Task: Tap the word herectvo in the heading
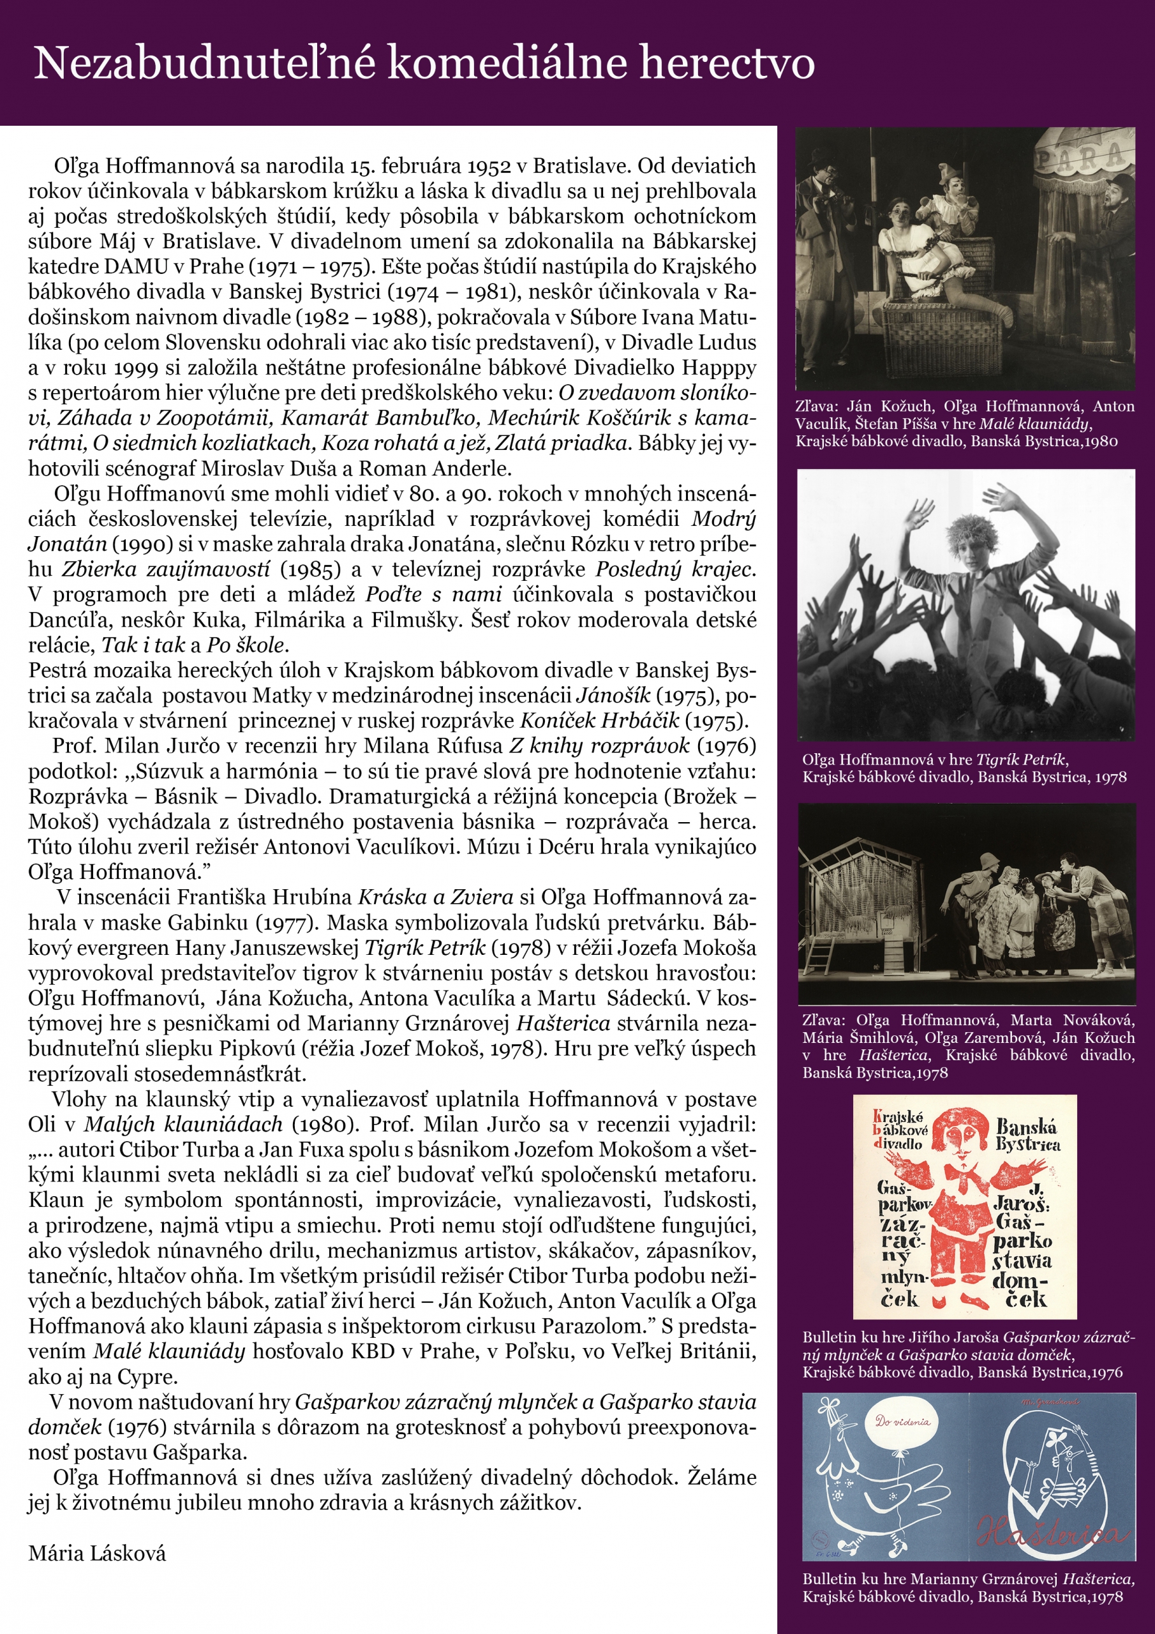pos(727,63)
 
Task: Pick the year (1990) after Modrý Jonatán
pos(138,544)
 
